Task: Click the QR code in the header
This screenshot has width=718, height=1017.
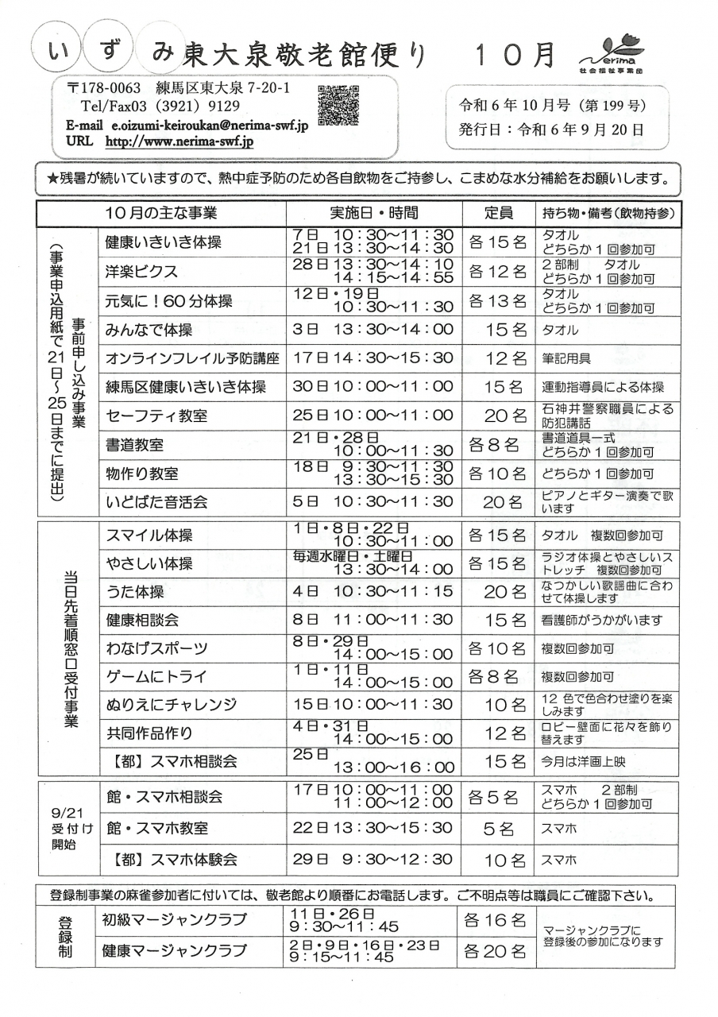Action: (x=338, y=105)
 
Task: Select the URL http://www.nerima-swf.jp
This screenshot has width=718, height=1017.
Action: (x=179, y=141)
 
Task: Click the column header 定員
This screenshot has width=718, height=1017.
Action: (x=498, y=213)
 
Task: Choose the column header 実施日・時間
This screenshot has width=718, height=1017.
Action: (x=373, y=213)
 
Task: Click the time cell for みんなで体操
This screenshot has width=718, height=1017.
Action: (x=373, y=330)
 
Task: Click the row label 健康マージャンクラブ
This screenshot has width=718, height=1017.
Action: (x=174, y=950)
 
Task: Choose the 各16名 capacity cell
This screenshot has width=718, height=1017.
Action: (x=496, y=921)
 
